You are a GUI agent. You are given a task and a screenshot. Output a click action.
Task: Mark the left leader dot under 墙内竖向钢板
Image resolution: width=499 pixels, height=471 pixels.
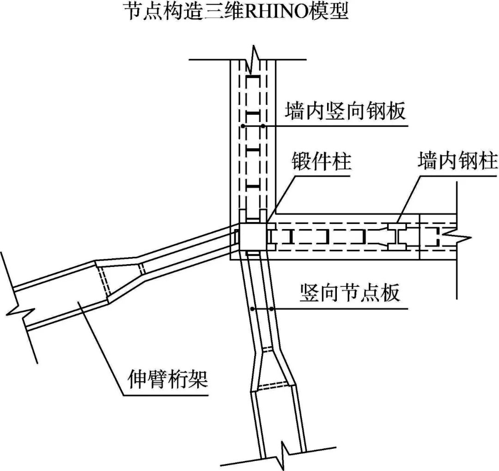pos(243,126)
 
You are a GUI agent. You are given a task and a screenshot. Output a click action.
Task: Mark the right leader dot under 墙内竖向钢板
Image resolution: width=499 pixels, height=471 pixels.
pos(263,126)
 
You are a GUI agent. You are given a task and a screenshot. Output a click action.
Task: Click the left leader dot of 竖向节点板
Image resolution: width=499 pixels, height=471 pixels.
pos(252,309)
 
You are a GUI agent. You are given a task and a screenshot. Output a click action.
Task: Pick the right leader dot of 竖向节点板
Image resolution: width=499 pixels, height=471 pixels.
pos(272,309)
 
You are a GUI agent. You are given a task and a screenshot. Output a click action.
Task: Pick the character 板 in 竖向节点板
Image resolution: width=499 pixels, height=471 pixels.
pos(389,292)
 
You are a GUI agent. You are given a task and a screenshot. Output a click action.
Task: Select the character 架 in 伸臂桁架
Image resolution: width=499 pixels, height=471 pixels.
pos(198,380)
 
